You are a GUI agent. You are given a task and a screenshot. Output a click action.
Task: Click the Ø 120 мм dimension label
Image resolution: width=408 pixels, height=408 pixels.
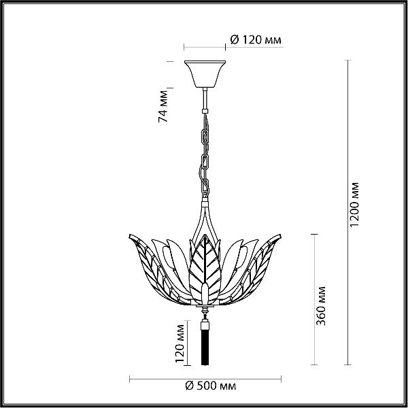[x=256, y=40]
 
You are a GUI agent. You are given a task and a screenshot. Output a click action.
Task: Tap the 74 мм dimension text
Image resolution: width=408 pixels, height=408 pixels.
[x=163, y=107]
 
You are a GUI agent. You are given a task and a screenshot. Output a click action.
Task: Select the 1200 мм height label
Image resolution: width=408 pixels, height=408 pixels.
[x=354, y=205]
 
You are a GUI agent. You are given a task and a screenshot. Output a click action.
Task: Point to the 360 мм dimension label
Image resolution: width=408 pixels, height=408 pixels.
[x=321, y=306]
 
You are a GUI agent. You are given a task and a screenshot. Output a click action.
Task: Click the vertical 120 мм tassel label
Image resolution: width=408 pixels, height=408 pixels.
[x=180, y=343]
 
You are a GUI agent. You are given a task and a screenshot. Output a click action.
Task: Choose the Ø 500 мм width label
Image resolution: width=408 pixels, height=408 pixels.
[x=211, y=386]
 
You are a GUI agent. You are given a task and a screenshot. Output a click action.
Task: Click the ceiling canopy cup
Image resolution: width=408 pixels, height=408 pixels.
[x=205, y=74]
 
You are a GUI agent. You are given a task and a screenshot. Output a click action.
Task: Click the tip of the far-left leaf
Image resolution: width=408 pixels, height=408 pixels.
[x=130, y=235]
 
